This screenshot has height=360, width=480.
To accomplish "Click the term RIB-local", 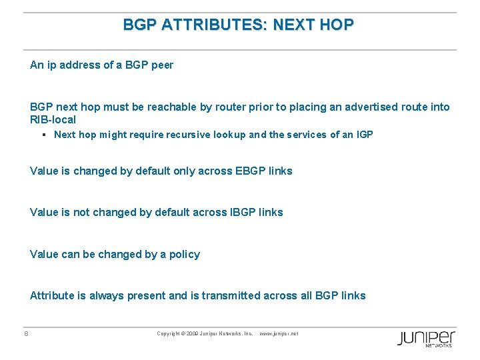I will click(53, 119).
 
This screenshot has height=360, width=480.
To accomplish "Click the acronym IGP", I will click(365, 135).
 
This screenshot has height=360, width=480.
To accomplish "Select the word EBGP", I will click(252, 171).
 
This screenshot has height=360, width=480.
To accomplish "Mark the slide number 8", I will click(26, 333).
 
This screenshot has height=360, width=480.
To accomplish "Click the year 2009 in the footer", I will click(193, 333).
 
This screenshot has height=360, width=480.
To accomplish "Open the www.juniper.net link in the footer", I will click(279, 333).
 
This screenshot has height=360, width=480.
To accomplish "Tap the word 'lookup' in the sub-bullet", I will click(230, 135).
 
